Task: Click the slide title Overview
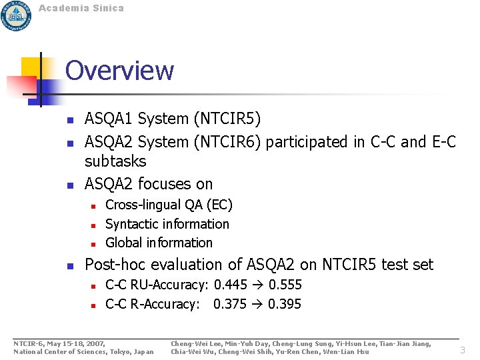pyautogui.click(x=119, y=71)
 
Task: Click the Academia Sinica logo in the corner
pyautogui.click(x=16, y=15)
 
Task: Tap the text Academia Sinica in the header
pyautogui.click(x=81, y=8)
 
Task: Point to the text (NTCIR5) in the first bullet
pyautogui.click(x=227, y=119)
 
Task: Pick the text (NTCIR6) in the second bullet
pyautogui.click(x=227, y=142)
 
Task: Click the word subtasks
pyautogui.click(x=115, y=161)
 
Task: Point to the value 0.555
pyautogui.click(x=285, y=285)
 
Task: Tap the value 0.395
pyautogui.click(x=285, y=304)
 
